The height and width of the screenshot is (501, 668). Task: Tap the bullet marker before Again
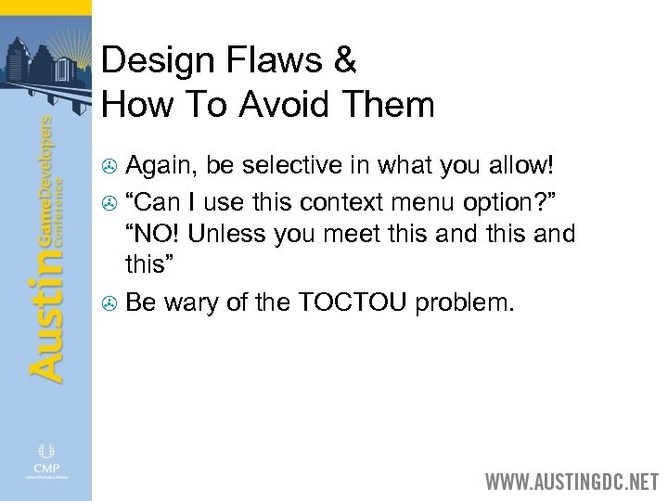coord(110,167)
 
